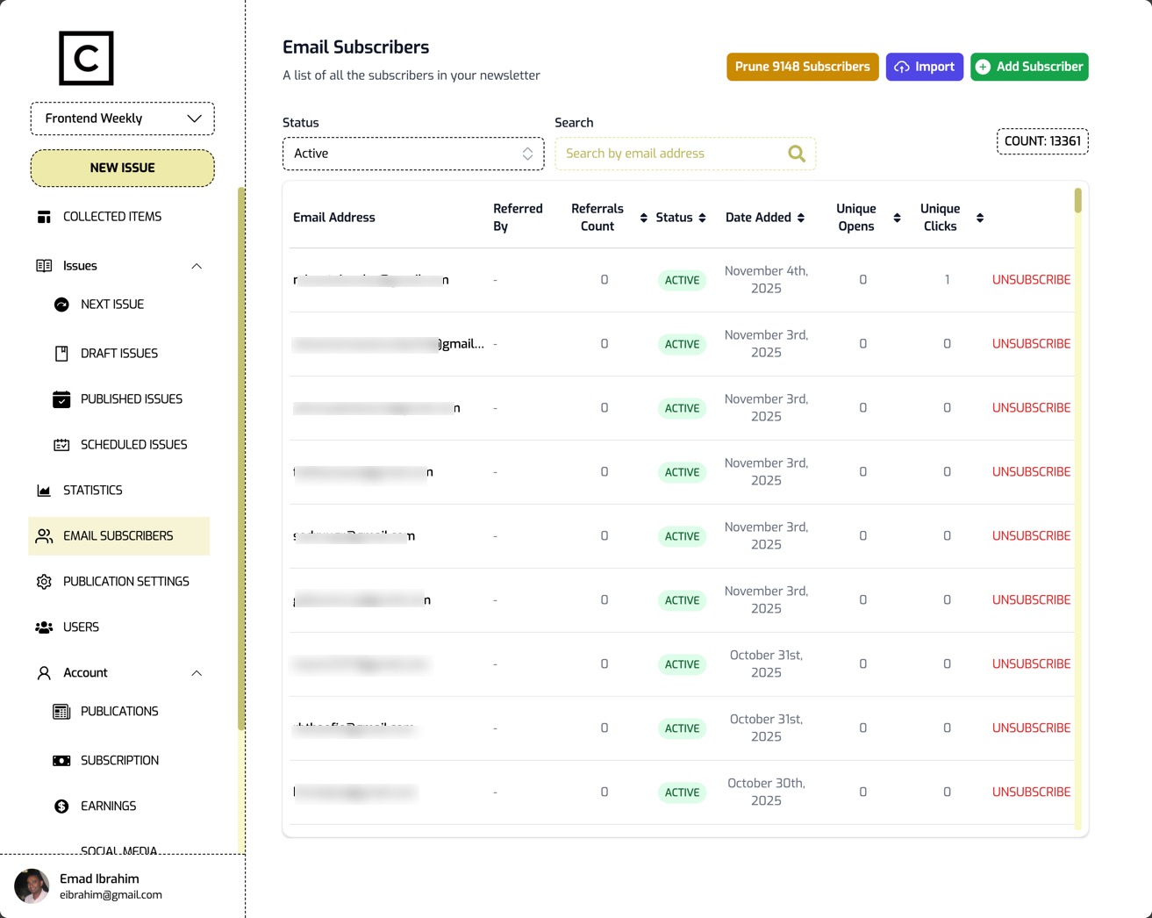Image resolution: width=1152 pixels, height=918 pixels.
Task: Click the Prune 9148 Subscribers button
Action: (802, 67)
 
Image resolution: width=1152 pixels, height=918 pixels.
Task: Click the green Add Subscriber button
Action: (1029, 67)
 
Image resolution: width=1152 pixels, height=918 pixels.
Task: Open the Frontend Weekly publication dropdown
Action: (123, 118)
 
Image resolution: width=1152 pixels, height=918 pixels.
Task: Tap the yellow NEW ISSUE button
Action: (123, 168)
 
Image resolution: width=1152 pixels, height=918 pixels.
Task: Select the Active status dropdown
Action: (413, 154)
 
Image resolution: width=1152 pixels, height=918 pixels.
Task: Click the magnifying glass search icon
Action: (796, 154)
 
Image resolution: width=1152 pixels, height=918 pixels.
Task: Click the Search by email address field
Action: (671, 154)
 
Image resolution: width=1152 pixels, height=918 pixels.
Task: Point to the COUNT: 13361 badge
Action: (1042, 141)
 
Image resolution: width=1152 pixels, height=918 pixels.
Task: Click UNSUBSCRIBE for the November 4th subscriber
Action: (1031, 280)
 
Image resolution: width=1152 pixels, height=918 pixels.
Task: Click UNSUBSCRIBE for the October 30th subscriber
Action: (1031, 792)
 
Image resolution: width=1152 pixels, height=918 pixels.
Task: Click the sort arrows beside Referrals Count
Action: (643, 218)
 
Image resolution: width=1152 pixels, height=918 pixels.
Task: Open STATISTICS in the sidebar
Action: (92, 491)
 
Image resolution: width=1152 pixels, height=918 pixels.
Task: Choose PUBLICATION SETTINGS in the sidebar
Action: (125, 582)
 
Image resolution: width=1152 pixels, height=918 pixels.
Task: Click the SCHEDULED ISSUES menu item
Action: (133, 445)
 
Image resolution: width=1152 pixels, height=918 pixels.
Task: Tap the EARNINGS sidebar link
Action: (108, 807)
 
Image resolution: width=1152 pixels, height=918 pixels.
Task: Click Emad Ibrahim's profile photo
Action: (32, 886)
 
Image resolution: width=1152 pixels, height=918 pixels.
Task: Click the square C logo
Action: (86, 59)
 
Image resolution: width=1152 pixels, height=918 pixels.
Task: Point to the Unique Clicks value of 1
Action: (947, 280)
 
